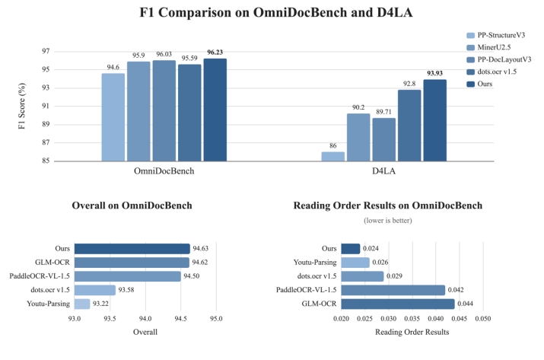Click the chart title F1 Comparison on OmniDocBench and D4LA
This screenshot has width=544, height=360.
(271, 13)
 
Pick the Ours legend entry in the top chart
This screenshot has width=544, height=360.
(488, 84)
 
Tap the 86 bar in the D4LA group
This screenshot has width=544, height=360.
(332, 156)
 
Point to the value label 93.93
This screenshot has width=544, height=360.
(434, 73)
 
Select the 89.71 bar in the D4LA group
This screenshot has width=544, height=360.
(384, 139)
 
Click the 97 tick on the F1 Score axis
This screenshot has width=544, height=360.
(45, 51)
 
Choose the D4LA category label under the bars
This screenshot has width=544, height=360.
(383, 171)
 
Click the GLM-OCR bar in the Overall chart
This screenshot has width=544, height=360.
(132, 263)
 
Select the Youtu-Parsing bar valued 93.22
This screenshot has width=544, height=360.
(81, 304)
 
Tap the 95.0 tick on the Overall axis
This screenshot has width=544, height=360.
(216, 317)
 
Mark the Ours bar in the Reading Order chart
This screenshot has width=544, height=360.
(351, 249)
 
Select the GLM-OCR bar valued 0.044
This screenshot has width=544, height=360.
(398, 304)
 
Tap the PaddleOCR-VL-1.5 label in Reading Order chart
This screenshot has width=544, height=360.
(306, 290)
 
